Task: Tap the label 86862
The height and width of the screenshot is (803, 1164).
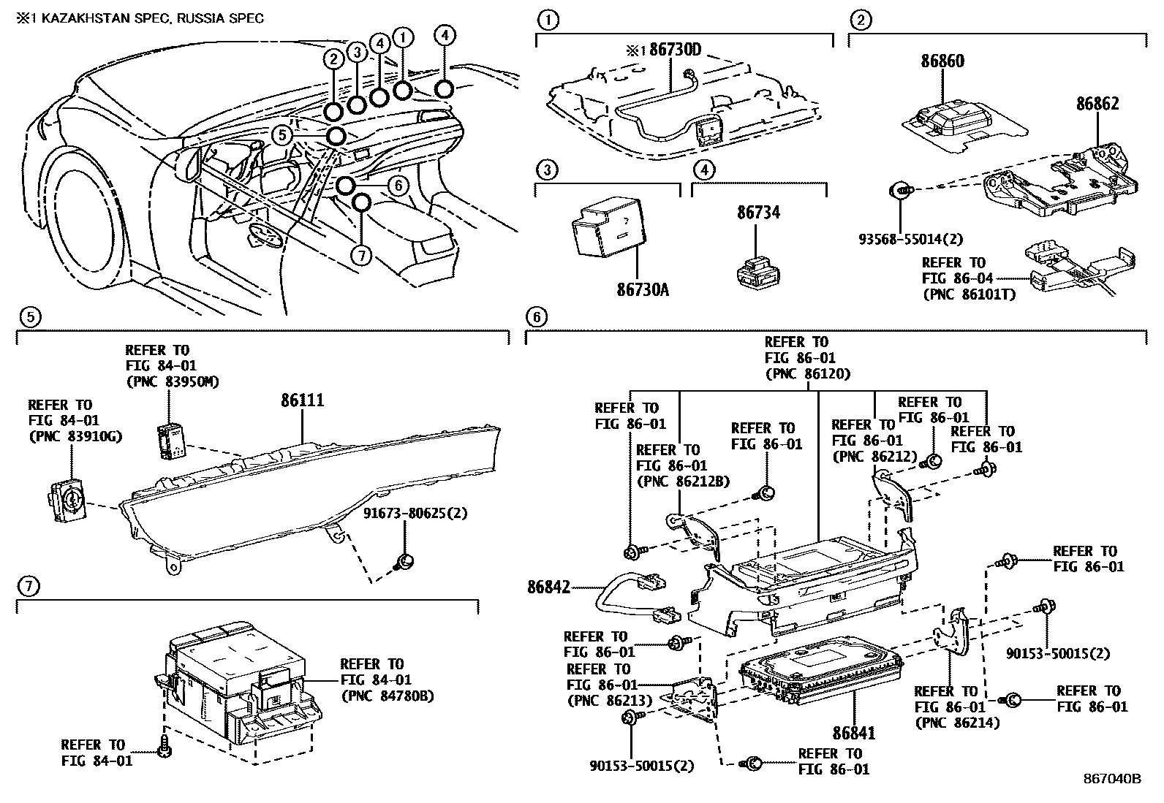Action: [1097, 104]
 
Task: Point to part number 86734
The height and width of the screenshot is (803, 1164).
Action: [758, 213]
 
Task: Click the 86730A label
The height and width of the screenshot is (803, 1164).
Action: [641, 291]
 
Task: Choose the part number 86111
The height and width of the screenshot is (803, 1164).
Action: [302, 400]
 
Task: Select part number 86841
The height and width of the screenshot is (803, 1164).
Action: [853, 732]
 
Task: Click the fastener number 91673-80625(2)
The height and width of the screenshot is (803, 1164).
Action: [415, 514]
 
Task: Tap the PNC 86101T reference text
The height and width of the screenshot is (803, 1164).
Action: [964, 295]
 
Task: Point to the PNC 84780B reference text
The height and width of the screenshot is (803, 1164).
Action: [388, 696]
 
